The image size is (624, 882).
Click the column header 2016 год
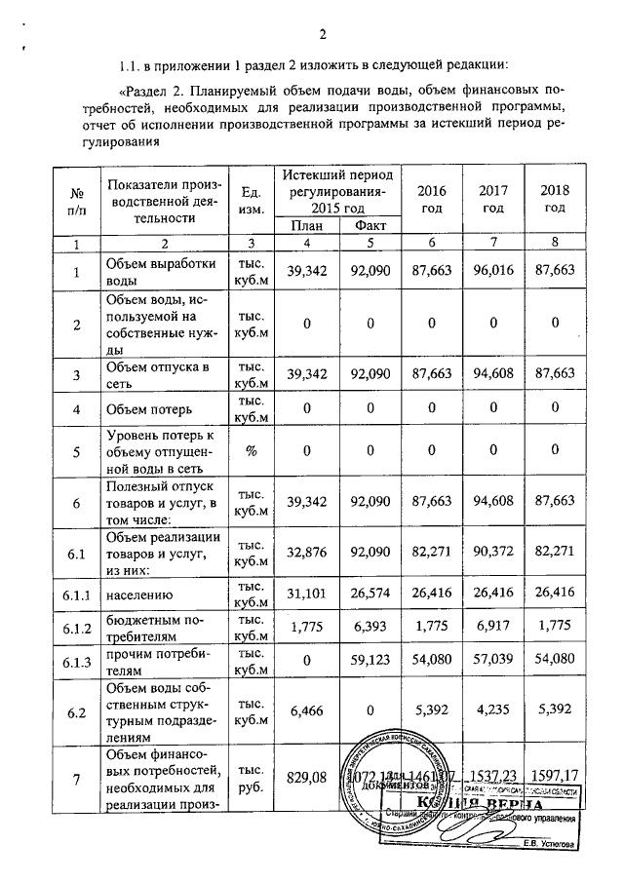[430, 199]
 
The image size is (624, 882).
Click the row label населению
[147, 592]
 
